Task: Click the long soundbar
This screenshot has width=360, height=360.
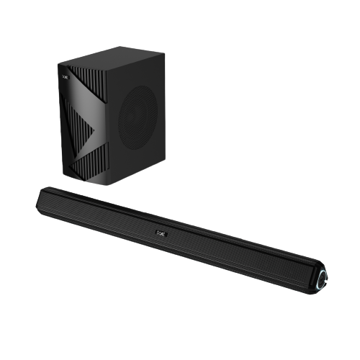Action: (x=180, y=234)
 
